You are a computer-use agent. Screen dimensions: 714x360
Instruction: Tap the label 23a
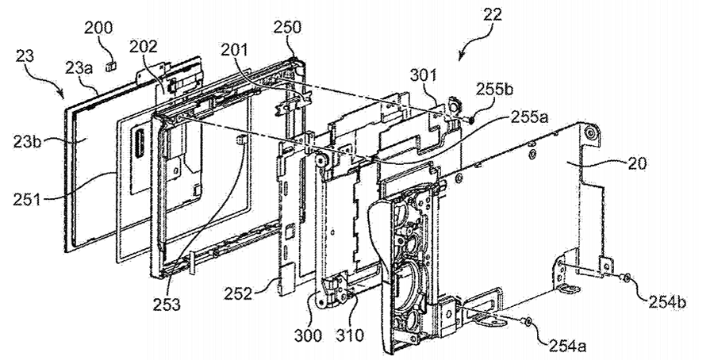point(79,69)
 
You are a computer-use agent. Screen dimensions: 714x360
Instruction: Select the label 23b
point(27,142)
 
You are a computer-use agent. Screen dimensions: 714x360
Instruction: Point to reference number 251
point(26,198)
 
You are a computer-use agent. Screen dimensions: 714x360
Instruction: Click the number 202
point(143,46)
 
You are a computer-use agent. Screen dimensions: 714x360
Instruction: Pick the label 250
point(287,27)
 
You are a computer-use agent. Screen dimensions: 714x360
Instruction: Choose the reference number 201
point(236,50)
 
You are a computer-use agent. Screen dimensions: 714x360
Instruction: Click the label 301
point(423,75)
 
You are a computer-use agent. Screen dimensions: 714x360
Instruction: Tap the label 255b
point(494,89)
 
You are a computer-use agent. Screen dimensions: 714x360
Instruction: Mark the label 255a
point(530,118)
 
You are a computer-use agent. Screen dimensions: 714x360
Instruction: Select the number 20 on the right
point(636,163)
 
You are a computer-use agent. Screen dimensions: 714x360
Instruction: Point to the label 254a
point(567,346)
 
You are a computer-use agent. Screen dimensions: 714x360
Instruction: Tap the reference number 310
point(350,335)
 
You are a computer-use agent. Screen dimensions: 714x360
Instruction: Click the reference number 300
point(308,336)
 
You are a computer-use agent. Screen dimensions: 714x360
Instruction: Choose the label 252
point(238,293)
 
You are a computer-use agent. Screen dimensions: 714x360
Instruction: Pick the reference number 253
point(167,304)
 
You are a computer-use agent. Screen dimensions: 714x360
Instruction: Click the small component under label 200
point(109,67)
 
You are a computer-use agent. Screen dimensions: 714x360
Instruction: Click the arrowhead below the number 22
point(461,56)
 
